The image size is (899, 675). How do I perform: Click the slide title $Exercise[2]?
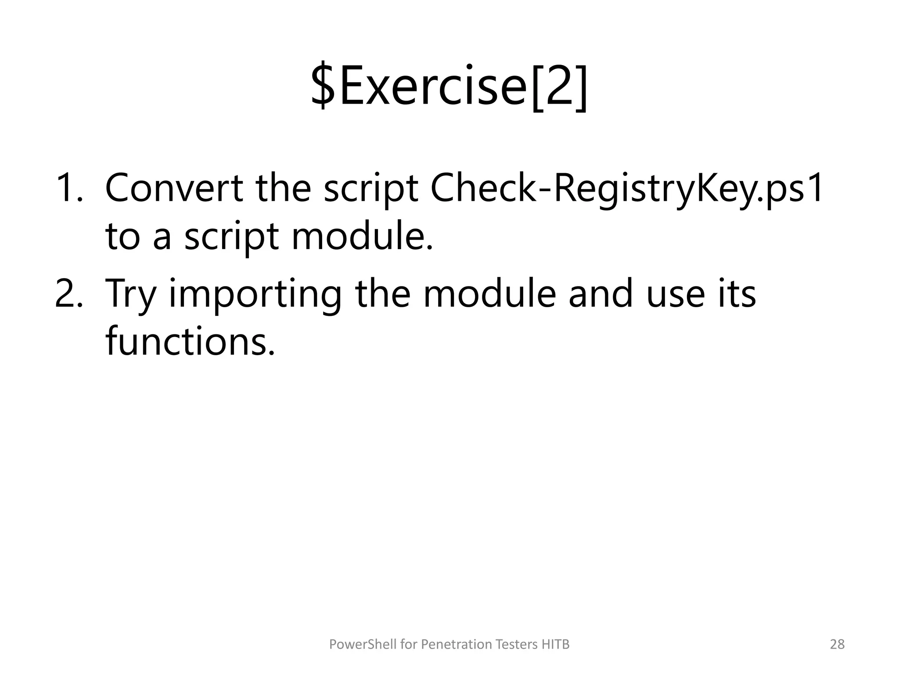coord(449,86)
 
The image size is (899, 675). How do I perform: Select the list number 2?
coord(68,294)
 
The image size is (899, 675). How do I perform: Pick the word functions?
coord(190,342)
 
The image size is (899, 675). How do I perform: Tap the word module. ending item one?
coord(362,236)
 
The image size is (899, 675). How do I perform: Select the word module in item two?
coord(489,294)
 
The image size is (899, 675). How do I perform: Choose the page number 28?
coord(837,644)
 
